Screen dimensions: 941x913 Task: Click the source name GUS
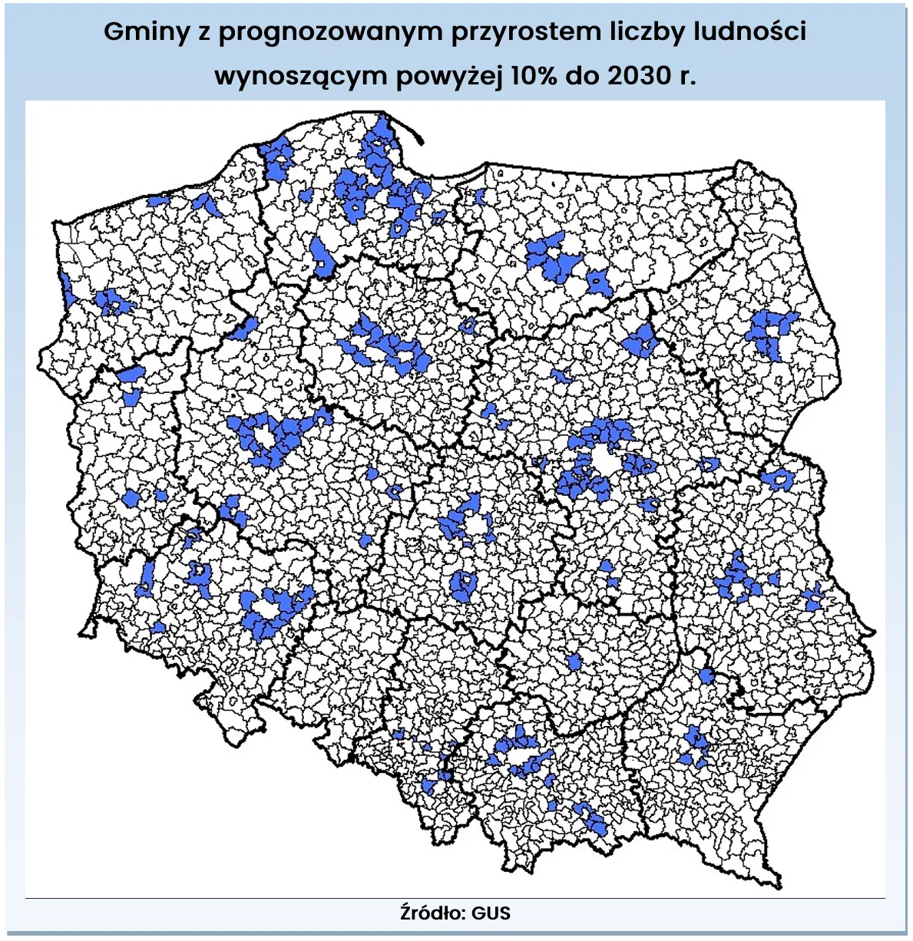(491, 913)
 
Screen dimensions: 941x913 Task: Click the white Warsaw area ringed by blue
(604, 464)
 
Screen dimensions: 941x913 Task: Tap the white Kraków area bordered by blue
(522, 759)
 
